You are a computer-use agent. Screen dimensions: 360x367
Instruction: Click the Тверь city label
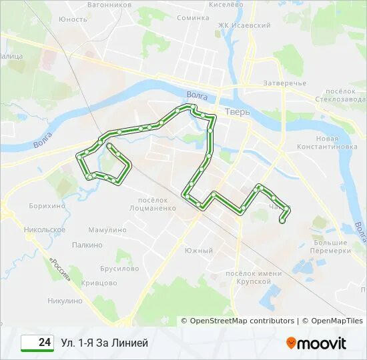(238, 111)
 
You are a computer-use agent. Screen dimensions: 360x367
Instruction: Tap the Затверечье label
(284, 83)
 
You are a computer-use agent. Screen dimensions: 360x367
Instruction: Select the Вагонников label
(109, 4)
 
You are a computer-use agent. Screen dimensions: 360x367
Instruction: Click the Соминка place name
(193, 18)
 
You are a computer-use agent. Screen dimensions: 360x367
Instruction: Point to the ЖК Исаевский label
(244, 25)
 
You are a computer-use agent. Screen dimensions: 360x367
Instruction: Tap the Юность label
(73, 19)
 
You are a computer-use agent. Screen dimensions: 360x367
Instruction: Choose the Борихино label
(47, 206)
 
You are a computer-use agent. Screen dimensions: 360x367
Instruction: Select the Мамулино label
(107, 230)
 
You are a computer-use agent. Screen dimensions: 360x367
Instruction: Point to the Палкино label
(87, 245)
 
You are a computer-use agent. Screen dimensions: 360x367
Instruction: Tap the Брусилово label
(119, 269)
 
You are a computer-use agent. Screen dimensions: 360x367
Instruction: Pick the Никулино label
(65, 301)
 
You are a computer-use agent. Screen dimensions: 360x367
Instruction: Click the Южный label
(199, 251)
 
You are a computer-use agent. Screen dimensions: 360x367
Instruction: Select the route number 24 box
(37, 343)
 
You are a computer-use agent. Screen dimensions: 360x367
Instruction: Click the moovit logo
(316, 343)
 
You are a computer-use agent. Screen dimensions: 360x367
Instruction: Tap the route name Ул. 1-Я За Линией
(104, 343)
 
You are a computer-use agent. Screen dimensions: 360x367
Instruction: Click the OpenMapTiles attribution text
(332, 321)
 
